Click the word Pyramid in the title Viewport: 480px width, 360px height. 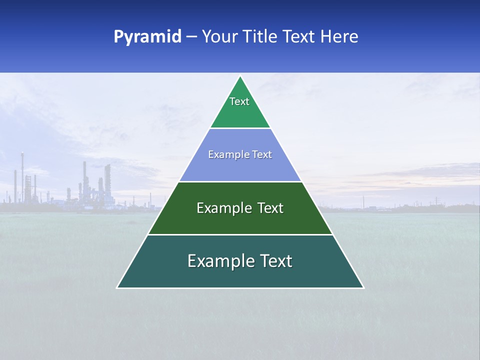147,37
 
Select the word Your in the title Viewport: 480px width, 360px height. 219,37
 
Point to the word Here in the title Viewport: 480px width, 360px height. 339,37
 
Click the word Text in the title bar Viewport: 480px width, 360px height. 299,37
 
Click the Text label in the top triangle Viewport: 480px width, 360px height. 239,101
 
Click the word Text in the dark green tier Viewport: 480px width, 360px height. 270,208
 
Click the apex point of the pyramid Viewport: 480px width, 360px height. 240,76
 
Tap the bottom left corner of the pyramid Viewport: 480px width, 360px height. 117,287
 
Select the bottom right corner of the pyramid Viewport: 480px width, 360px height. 363,287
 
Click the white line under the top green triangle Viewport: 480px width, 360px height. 240,128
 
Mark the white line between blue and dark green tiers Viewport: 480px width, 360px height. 240,181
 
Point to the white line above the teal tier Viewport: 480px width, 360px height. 240,234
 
